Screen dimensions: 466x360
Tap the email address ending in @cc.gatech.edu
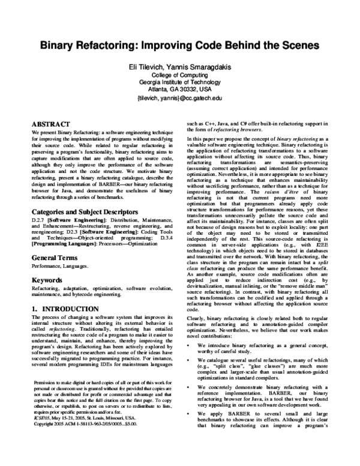pos(179,97)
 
